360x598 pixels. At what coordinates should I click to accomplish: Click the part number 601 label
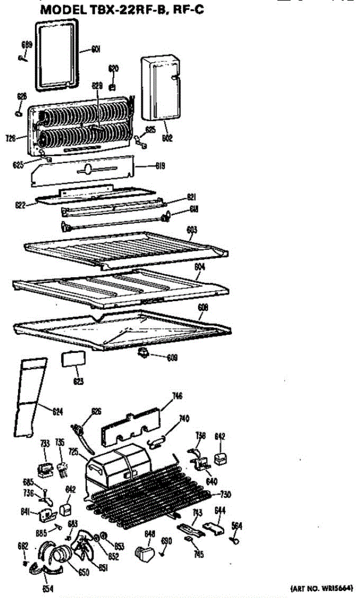[97, 49]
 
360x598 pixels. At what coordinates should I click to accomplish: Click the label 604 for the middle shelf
[199, 267]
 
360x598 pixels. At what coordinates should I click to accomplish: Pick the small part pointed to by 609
[144, 353]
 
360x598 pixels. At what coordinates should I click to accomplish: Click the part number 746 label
[177, 396]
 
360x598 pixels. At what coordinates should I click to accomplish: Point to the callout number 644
[220, 510]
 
